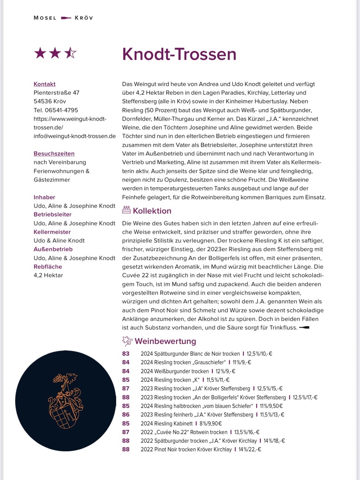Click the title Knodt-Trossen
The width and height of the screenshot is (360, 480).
[x=179, y=54]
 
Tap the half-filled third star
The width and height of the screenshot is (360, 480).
[x=70, y=53]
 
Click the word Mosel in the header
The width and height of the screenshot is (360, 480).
[x=45, y=18]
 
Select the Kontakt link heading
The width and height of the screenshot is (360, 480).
[x=45, y=84]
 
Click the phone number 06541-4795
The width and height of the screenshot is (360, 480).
[x=61, y=110]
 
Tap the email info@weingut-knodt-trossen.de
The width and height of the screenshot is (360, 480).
[x=74, y=136]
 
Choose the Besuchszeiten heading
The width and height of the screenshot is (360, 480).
[x=54, y=154]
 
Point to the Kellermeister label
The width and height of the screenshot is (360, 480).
[x=52, y=232]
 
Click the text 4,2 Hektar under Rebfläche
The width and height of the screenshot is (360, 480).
[x=48, y=275]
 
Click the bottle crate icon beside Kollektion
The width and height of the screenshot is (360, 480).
[x=126, y=210]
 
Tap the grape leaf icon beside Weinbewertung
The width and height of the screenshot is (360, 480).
[x=127, y=341]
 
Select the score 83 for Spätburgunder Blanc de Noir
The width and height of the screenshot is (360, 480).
[x=126, y=354]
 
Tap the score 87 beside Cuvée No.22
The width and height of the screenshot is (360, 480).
[x=126, y=432]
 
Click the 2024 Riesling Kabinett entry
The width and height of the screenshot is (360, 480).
[x=166, y=424]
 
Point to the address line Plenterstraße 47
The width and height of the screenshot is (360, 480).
[x=56, y=93]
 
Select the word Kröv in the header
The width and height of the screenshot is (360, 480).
[x=84, y=18]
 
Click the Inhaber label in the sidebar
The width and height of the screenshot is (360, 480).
[x=44, y=197]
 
